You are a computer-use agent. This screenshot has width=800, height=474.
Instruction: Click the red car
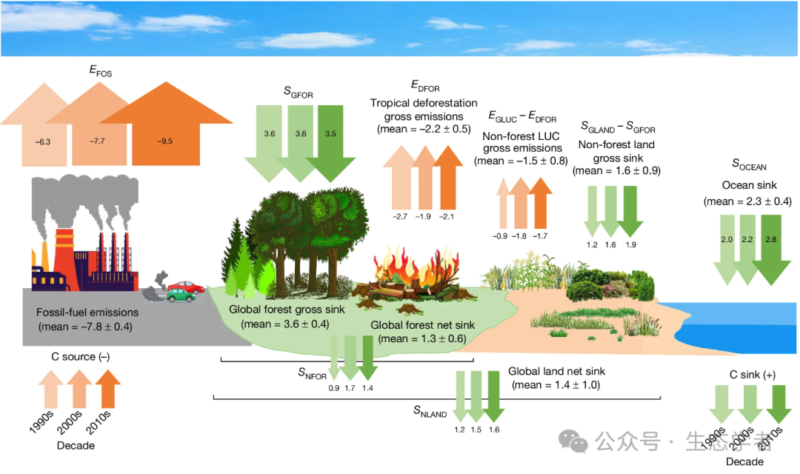(x=185, y=285)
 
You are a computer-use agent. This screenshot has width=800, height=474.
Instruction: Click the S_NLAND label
(x=430, y=413)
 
